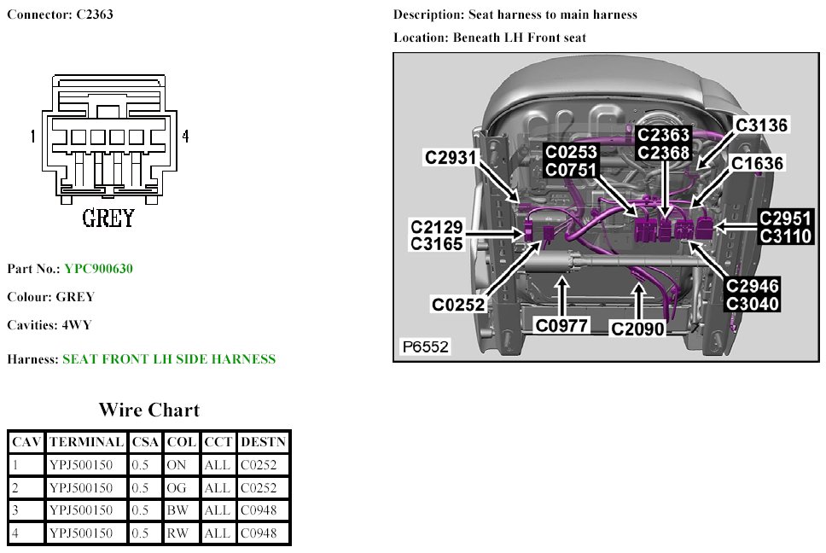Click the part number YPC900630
98,269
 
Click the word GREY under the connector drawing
108,218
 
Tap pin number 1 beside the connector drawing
32,137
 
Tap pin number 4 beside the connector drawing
185,137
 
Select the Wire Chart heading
149,410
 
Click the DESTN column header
264,442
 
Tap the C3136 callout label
762,125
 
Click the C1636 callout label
757,163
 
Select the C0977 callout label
562,325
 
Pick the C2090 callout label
637,328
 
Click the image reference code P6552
425,347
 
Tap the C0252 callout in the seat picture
458,305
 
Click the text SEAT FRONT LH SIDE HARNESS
169,359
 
